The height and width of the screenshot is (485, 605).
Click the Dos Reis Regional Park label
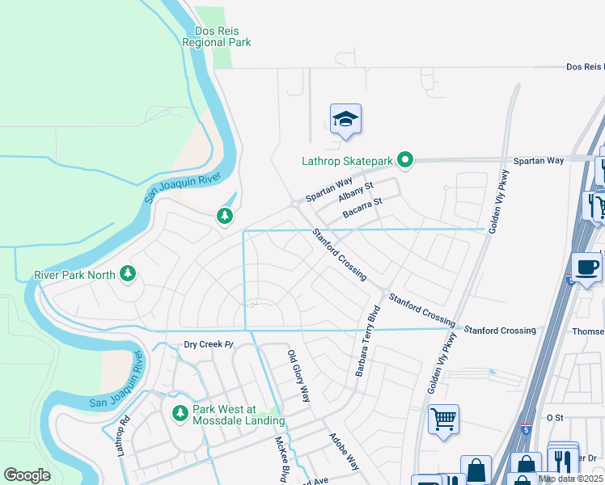pos(216,36)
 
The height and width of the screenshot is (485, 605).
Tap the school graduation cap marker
pos(345,120)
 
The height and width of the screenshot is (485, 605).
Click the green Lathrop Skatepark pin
pos(406,160)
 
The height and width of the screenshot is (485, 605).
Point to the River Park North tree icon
pos(127,274)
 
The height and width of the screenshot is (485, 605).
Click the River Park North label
pos(74,275)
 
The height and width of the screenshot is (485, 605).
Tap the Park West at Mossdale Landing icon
pos(181,414)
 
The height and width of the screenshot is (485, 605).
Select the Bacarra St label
pos(362,213)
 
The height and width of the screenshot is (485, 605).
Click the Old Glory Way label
pos(299,376)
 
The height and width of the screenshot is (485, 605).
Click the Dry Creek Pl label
pos(208,344)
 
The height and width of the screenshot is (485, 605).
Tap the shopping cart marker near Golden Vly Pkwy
pos(443,420)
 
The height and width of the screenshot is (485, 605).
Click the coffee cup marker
pos(586,266)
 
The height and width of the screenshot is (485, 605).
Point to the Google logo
pos(27,475)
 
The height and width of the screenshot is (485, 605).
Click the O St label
pos(554,417)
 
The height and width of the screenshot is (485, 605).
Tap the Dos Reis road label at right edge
pos(584,67)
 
